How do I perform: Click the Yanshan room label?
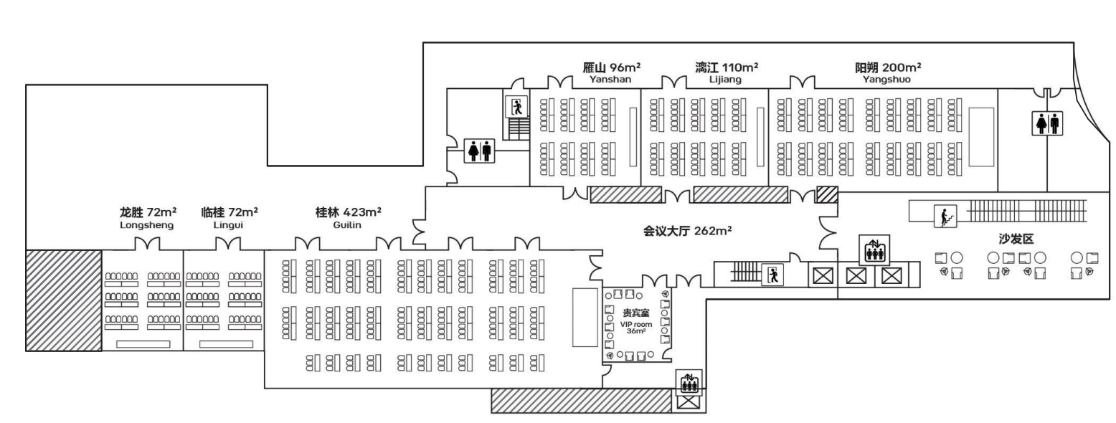pos(611,73)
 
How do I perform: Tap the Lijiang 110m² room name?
pos(726,73)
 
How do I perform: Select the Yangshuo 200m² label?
pos(887,73)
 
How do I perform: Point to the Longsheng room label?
pos(147,218)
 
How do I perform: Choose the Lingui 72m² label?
pos(229,218)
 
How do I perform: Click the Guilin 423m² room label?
pos(348,218)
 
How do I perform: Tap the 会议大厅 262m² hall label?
pos(686,231)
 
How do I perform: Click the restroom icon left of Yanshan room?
pos(479,151)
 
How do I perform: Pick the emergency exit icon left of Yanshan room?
pos(516,107)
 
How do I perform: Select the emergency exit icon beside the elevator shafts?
pos(773,275)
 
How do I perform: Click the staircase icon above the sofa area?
pos(945,216)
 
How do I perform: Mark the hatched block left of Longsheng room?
pos(64,300)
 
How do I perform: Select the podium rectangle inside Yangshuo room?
pos(980,137)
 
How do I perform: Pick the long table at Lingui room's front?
pos(226,344)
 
